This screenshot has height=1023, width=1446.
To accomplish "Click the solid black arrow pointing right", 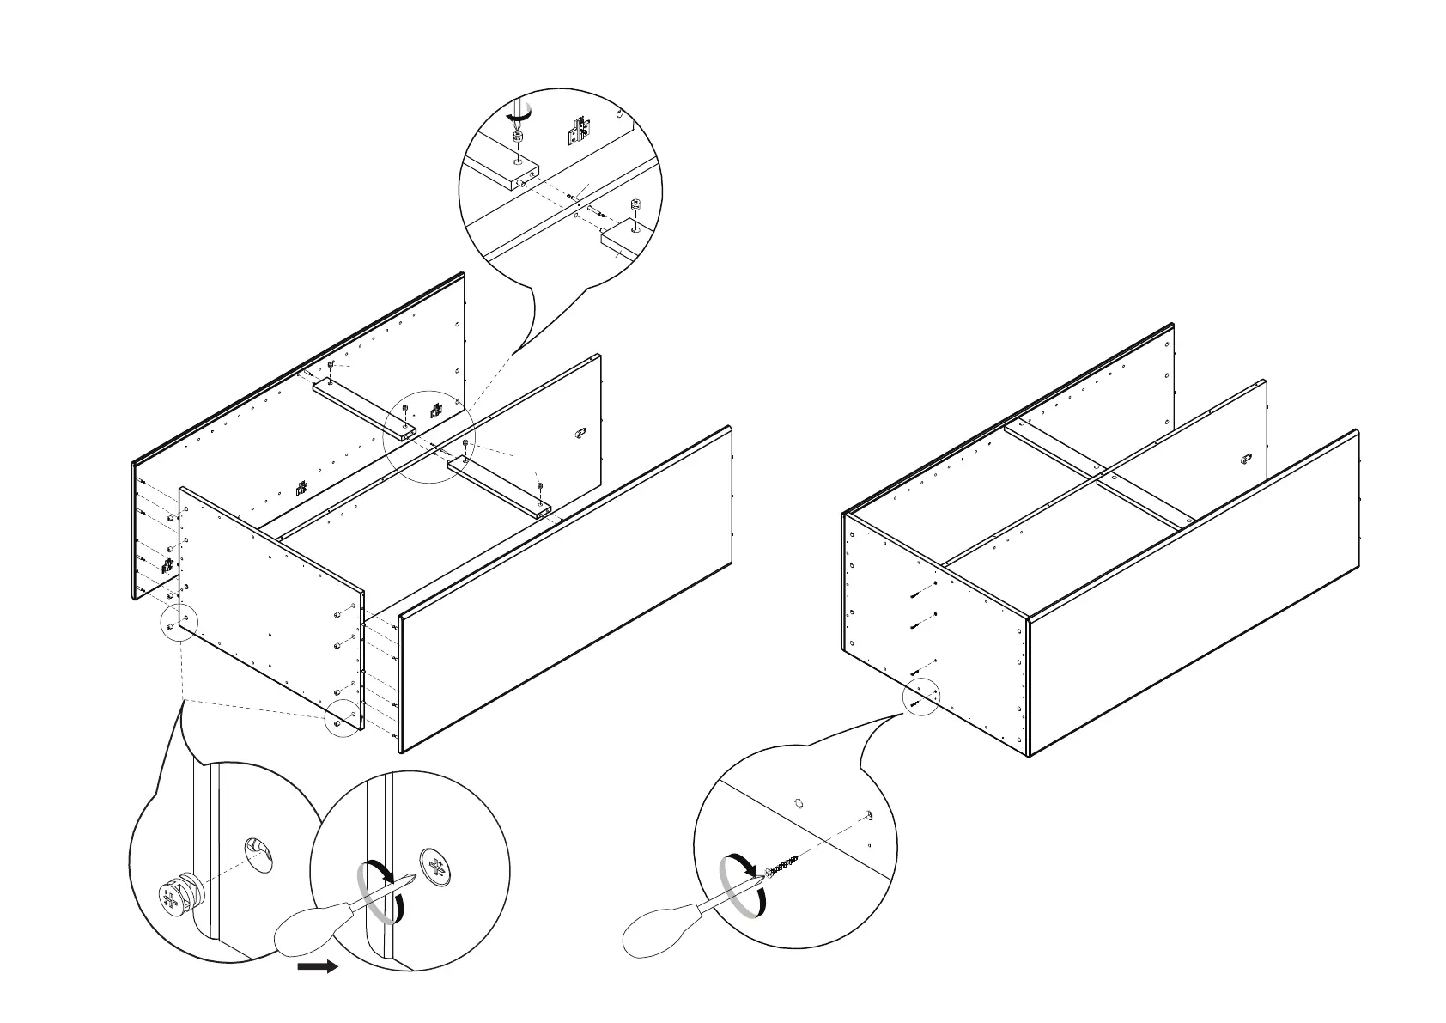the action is (x=317, y=967).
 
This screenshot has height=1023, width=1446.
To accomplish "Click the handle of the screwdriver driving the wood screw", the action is (x=657, y=934).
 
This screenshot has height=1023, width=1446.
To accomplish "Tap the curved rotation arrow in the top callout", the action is (x=519, y=114).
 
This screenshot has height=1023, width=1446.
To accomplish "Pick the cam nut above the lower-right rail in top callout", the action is (x=635, y=207).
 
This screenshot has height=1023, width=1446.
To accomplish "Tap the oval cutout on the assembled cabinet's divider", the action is (x=1247, y=460).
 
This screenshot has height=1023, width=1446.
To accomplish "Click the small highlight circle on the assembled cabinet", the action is (x=920, y=697).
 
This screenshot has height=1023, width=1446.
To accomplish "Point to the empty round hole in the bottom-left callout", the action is (x=258, y=853).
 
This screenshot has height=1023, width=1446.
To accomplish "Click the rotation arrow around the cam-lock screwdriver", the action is (x=380, y=892).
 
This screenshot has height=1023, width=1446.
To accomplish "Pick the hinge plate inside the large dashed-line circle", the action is (x=436, y=410).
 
